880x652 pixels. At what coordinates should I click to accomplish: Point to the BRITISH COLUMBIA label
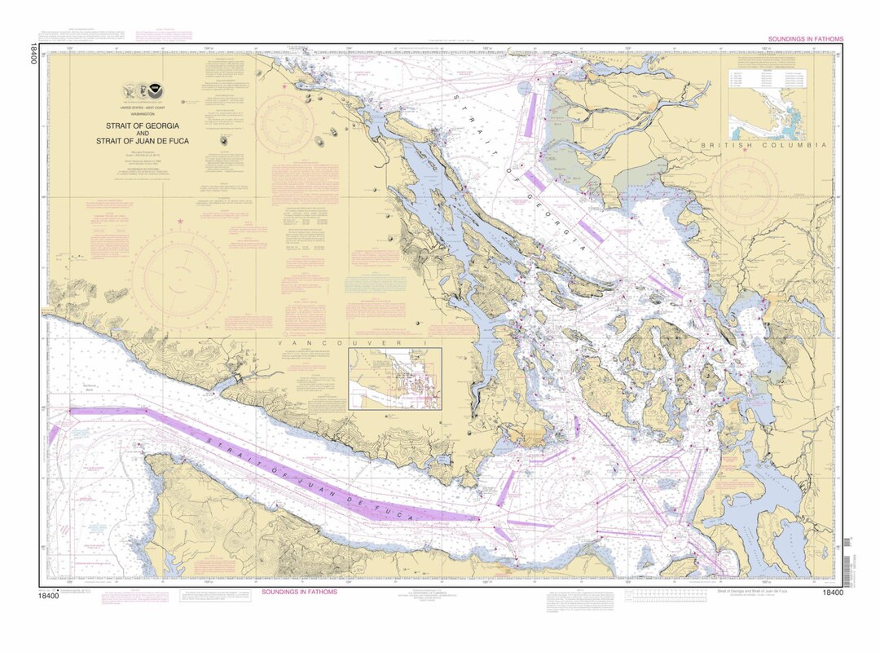pos(764,144)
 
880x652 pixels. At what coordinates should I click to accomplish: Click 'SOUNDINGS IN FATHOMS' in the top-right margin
pos(805,39)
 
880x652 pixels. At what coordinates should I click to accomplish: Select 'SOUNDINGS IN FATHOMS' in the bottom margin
pos(299,592)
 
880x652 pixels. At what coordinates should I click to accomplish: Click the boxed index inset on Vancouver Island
pos(395,379)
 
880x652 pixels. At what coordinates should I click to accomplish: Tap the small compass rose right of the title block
pos(284,125)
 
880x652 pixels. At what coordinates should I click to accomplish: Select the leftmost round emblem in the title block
pos(129,90)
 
